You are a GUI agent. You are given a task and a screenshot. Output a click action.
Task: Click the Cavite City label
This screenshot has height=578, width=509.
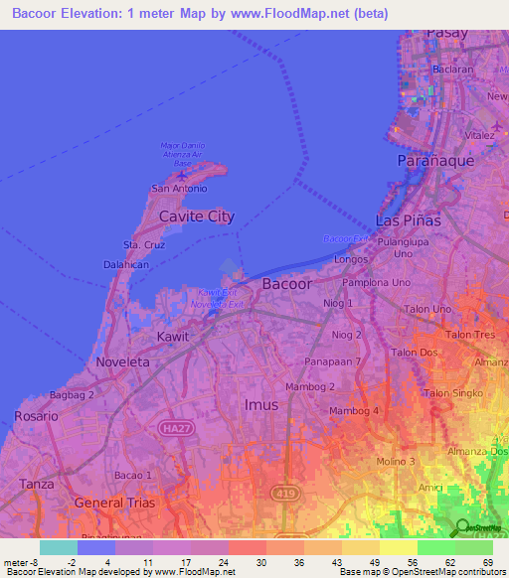click(x=197, y=217)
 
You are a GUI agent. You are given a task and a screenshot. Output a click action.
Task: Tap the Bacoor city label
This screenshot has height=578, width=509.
click(x=286, y=284)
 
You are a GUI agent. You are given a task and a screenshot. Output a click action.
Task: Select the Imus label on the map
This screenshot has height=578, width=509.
click(x=261, y=404)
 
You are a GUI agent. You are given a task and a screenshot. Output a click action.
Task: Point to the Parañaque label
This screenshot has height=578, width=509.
click(x=435, y=160)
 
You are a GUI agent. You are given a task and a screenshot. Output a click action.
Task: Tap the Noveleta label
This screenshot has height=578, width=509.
click(x=122, y=362)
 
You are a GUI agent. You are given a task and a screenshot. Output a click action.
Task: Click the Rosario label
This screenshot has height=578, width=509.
click(x=37, y=417)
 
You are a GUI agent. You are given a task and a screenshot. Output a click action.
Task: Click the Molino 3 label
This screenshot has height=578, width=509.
click(x=396, y=462)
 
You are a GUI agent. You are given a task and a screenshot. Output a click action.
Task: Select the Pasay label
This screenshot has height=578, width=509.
click(x=445, y=33)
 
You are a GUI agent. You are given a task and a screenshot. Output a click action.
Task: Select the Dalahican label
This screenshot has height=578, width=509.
click(x=126, y=265)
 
